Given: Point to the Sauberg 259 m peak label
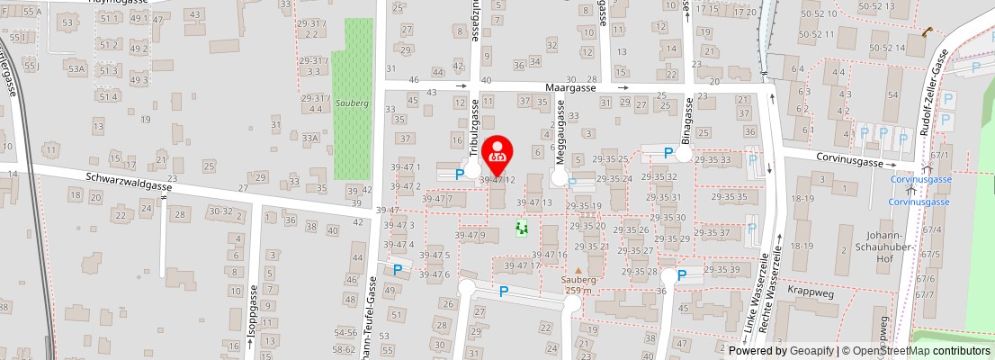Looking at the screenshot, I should point(578,284).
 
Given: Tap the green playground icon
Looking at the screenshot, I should point(521,229).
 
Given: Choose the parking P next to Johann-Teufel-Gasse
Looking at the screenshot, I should point(398,268).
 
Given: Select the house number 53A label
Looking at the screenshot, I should point(76,68).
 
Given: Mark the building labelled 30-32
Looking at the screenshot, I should point(220,211).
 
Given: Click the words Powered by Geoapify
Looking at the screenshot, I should point(780,351).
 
